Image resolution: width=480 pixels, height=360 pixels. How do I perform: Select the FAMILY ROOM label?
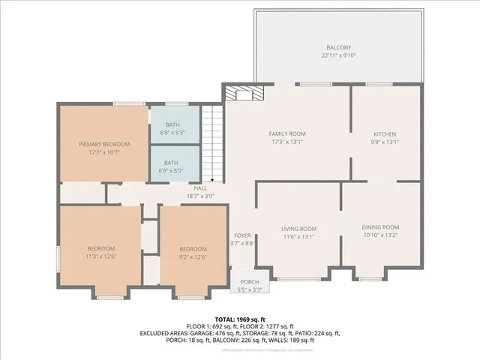287,133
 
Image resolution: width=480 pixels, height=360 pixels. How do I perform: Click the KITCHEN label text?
385,133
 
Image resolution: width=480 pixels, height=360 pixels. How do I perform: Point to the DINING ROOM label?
380,227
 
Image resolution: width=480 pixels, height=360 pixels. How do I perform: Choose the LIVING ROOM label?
298,229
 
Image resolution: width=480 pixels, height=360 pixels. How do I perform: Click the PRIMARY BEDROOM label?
104,144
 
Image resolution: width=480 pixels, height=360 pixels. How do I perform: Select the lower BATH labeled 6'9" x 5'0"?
173,166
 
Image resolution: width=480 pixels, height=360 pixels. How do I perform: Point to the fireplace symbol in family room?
244,93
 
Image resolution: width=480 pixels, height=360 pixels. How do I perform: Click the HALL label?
200,188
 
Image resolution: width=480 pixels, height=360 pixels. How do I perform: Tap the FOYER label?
241,235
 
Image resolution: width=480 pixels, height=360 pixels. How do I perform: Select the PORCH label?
250,281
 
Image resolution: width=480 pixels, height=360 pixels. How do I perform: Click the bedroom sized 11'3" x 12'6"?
100,253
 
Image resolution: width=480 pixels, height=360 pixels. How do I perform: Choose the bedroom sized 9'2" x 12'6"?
192,253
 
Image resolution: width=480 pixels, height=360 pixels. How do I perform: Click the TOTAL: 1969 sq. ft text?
239,319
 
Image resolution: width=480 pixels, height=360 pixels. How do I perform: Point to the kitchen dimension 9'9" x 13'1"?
385,142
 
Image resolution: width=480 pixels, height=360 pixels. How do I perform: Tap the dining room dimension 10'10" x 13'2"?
380,235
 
